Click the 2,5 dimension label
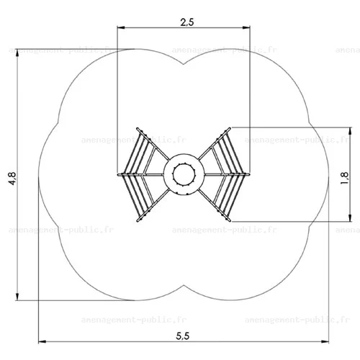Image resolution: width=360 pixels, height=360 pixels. pyautogui.click(x=187, y=22)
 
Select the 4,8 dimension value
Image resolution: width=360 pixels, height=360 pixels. pyautogui.click(x=12, y=179)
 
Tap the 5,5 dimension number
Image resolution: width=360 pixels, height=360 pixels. pyautogui.click(x=183, y=336)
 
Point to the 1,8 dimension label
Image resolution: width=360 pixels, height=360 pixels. pyautogui.click(x=344, y=178)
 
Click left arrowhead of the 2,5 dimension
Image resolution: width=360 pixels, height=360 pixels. pyautogui.click(x=121, y=28)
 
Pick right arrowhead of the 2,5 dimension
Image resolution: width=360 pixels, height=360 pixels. pyautogui.click(x=246, y=28)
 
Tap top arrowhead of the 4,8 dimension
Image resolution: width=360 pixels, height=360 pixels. pyautogui.click(x=17, y=53)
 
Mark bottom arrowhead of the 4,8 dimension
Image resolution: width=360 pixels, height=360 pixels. pyautogui.click(x=17, y=297)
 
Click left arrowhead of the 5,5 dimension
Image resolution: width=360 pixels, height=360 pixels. pyautogui.click(x=42, y=341)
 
